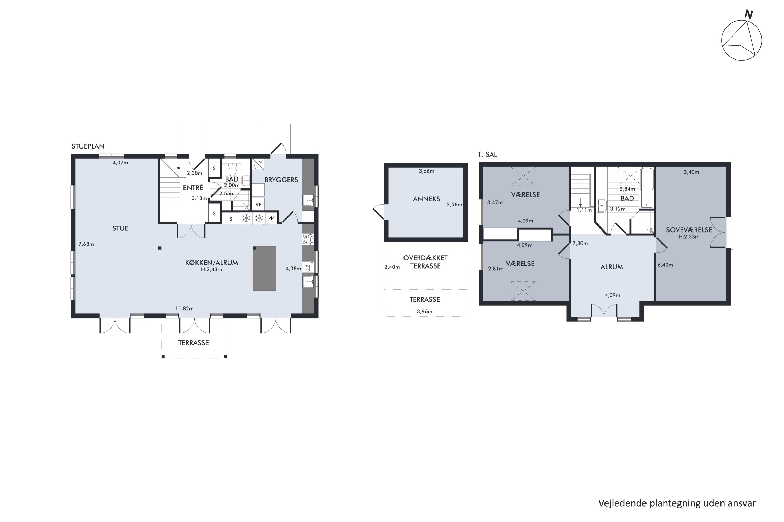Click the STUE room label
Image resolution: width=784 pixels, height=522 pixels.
[x=120, y=228]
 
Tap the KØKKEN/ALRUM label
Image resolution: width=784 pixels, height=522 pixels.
[x=212, y=263]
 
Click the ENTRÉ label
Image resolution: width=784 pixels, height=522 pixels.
[x=193, y=188]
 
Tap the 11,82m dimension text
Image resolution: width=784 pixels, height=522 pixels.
[x=184, y=309]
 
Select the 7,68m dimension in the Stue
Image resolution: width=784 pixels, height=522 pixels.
[x=86, y=244]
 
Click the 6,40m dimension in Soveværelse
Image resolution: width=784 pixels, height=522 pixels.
[x=665, y=265]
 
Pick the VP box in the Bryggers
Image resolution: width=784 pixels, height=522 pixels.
[x=258, y=204]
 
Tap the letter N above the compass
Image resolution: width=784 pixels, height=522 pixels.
[x=749, y=15]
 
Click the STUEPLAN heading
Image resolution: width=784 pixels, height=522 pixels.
[x=88, y=146]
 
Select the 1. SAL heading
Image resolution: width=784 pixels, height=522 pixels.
[x=487, y=155]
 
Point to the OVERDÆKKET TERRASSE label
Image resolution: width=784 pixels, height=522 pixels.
[x=425, y=262]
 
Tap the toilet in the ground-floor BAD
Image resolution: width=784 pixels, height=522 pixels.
[x=233, y=170]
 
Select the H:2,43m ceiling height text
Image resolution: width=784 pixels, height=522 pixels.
[x=211, y=270]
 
